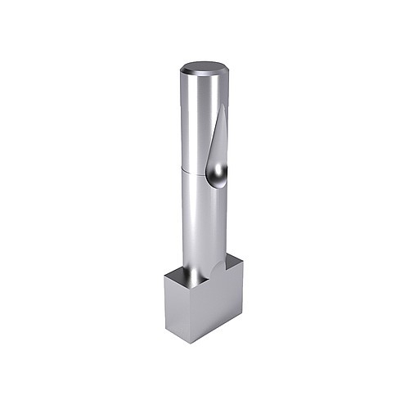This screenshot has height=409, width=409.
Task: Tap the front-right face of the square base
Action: click(x=221, y=307)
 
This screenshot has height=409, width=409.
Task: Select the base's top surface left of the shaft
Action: click(x=176, y=274)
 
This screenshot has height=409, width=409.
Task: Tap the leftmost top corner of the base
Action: click(x=164, y=274)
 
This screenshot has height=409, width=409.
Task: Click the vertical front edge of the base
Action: click(x=197, y=316)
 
